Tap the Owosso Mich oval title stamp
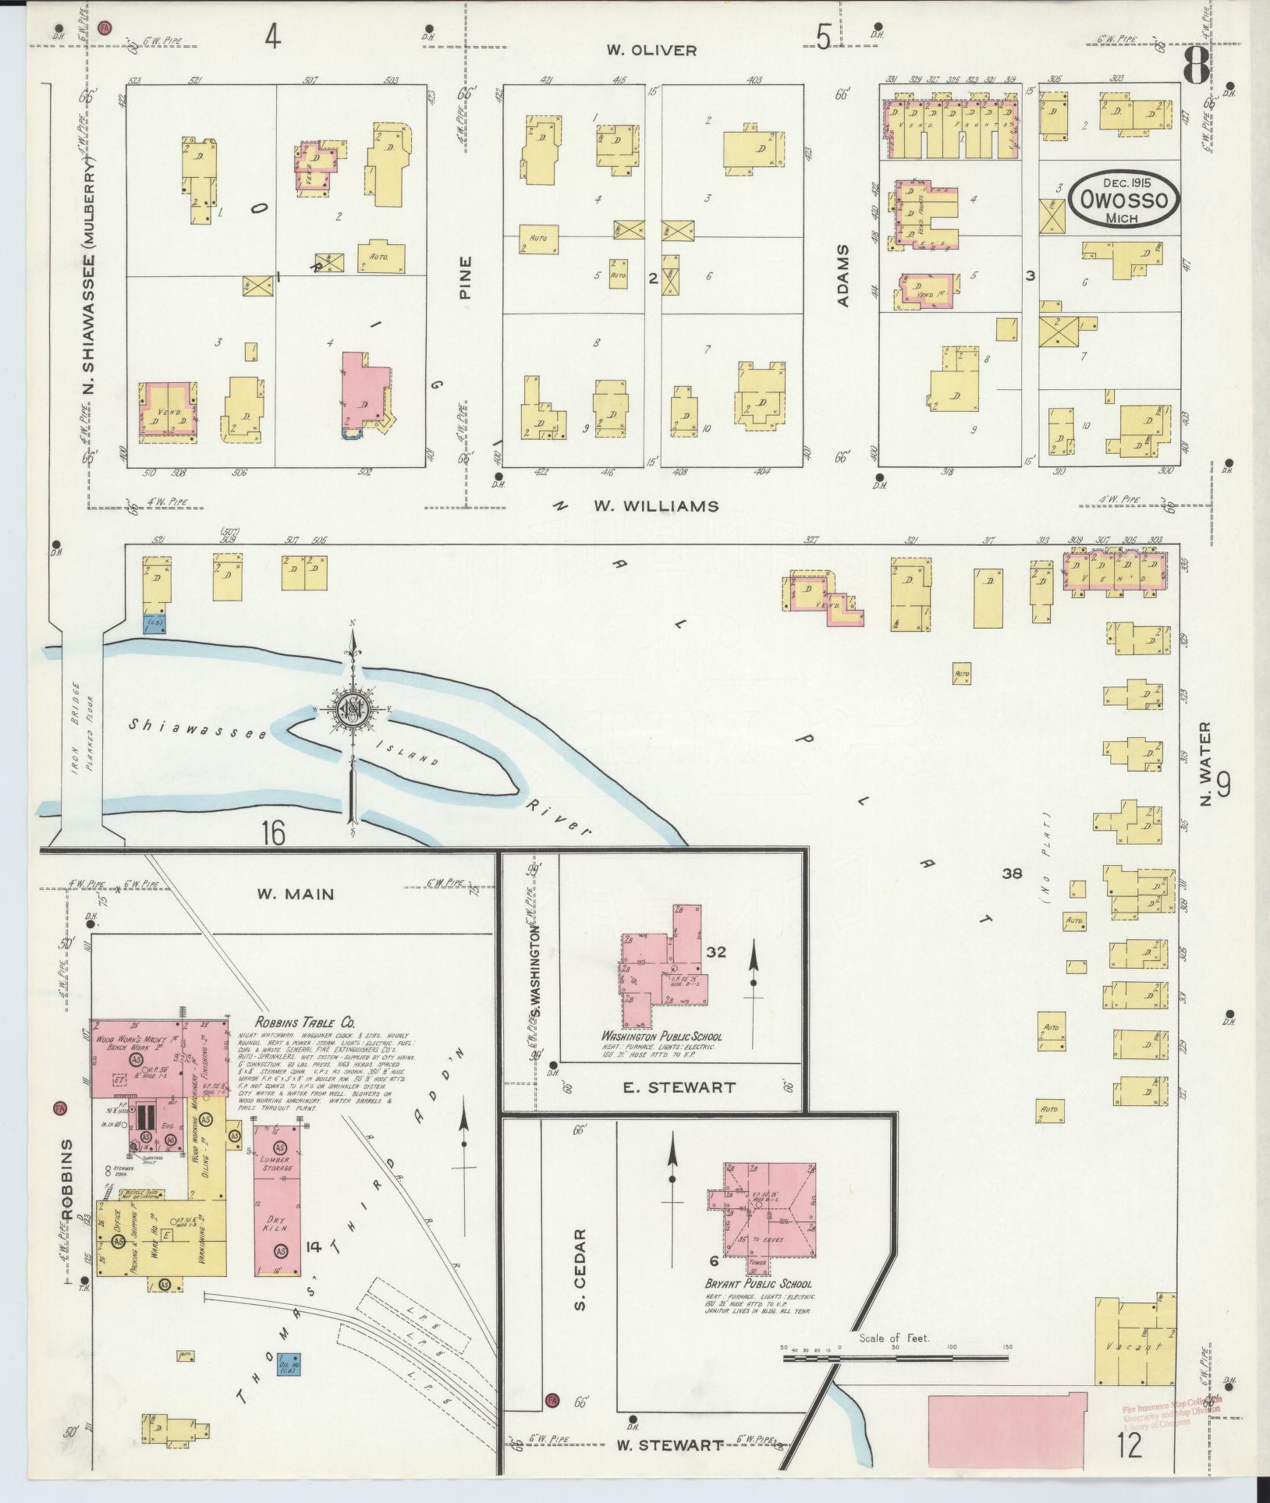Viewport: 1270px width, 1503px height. [x=1123, y=200]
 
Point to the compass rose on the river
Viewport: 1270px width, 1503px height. [x=353, y=708]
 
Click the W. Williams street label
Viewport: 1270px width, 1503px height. [x=655, y=506]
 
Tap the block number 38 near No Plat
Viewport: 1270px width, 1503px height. [x=1012, y=874]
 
